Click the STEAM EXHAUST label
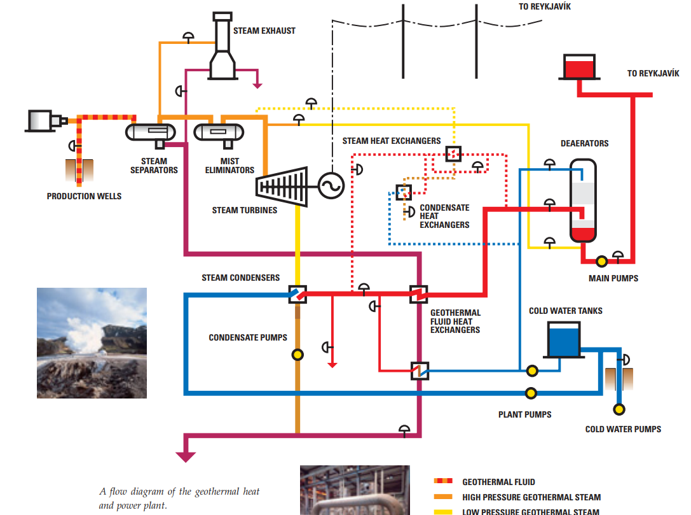264,31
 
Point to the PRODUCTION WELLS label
84,196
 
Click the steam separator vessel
151,132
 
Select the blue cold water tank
564,339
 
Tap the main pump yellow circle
601,261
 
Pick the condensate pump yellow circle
298,355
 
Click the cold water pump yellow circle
619,409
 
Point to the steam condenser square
298,294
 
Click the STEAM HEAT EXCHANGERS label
392,141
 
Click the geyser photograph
92,342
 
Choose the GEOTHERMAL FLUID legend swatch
443,482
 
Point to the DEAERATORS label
584,143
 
